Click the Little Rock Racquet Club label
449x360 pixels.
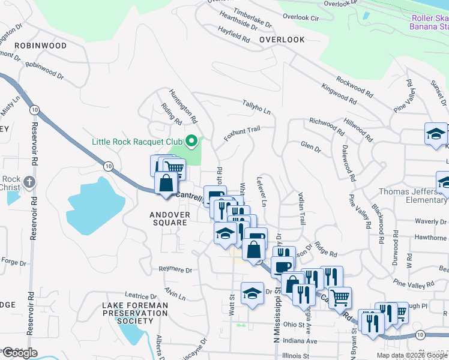pyautogui.click(x=137, y=142)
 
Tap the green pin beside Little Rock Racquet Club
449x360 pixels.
pyautogui.click(x=191, y=142)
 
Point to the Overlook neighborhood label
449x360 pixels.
pyautogui.click(x=282, y=40)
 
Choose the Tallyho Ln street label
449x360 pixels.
pyautogui.click(x=256, y=107)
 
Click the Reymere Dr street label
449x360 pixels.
pyautogui.click(x=175, y=270)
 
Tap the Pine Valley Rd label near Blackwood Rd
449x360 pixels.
pyautogui.click(x=360, y=211)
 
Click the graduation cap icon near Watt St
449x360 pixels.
pyautogui.click(x=252, y=293)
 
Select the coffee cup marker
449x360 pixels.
pyautogui.click(x=282, y=266)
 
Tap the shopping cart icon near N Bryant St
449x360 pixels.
pyautogui.click(x=340, y=296)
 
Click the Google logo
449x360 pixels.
pyautogui.click(x=20, y=353)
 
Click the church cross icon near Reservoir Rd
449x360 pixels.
pyautogui.click(x=29, y=181)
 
